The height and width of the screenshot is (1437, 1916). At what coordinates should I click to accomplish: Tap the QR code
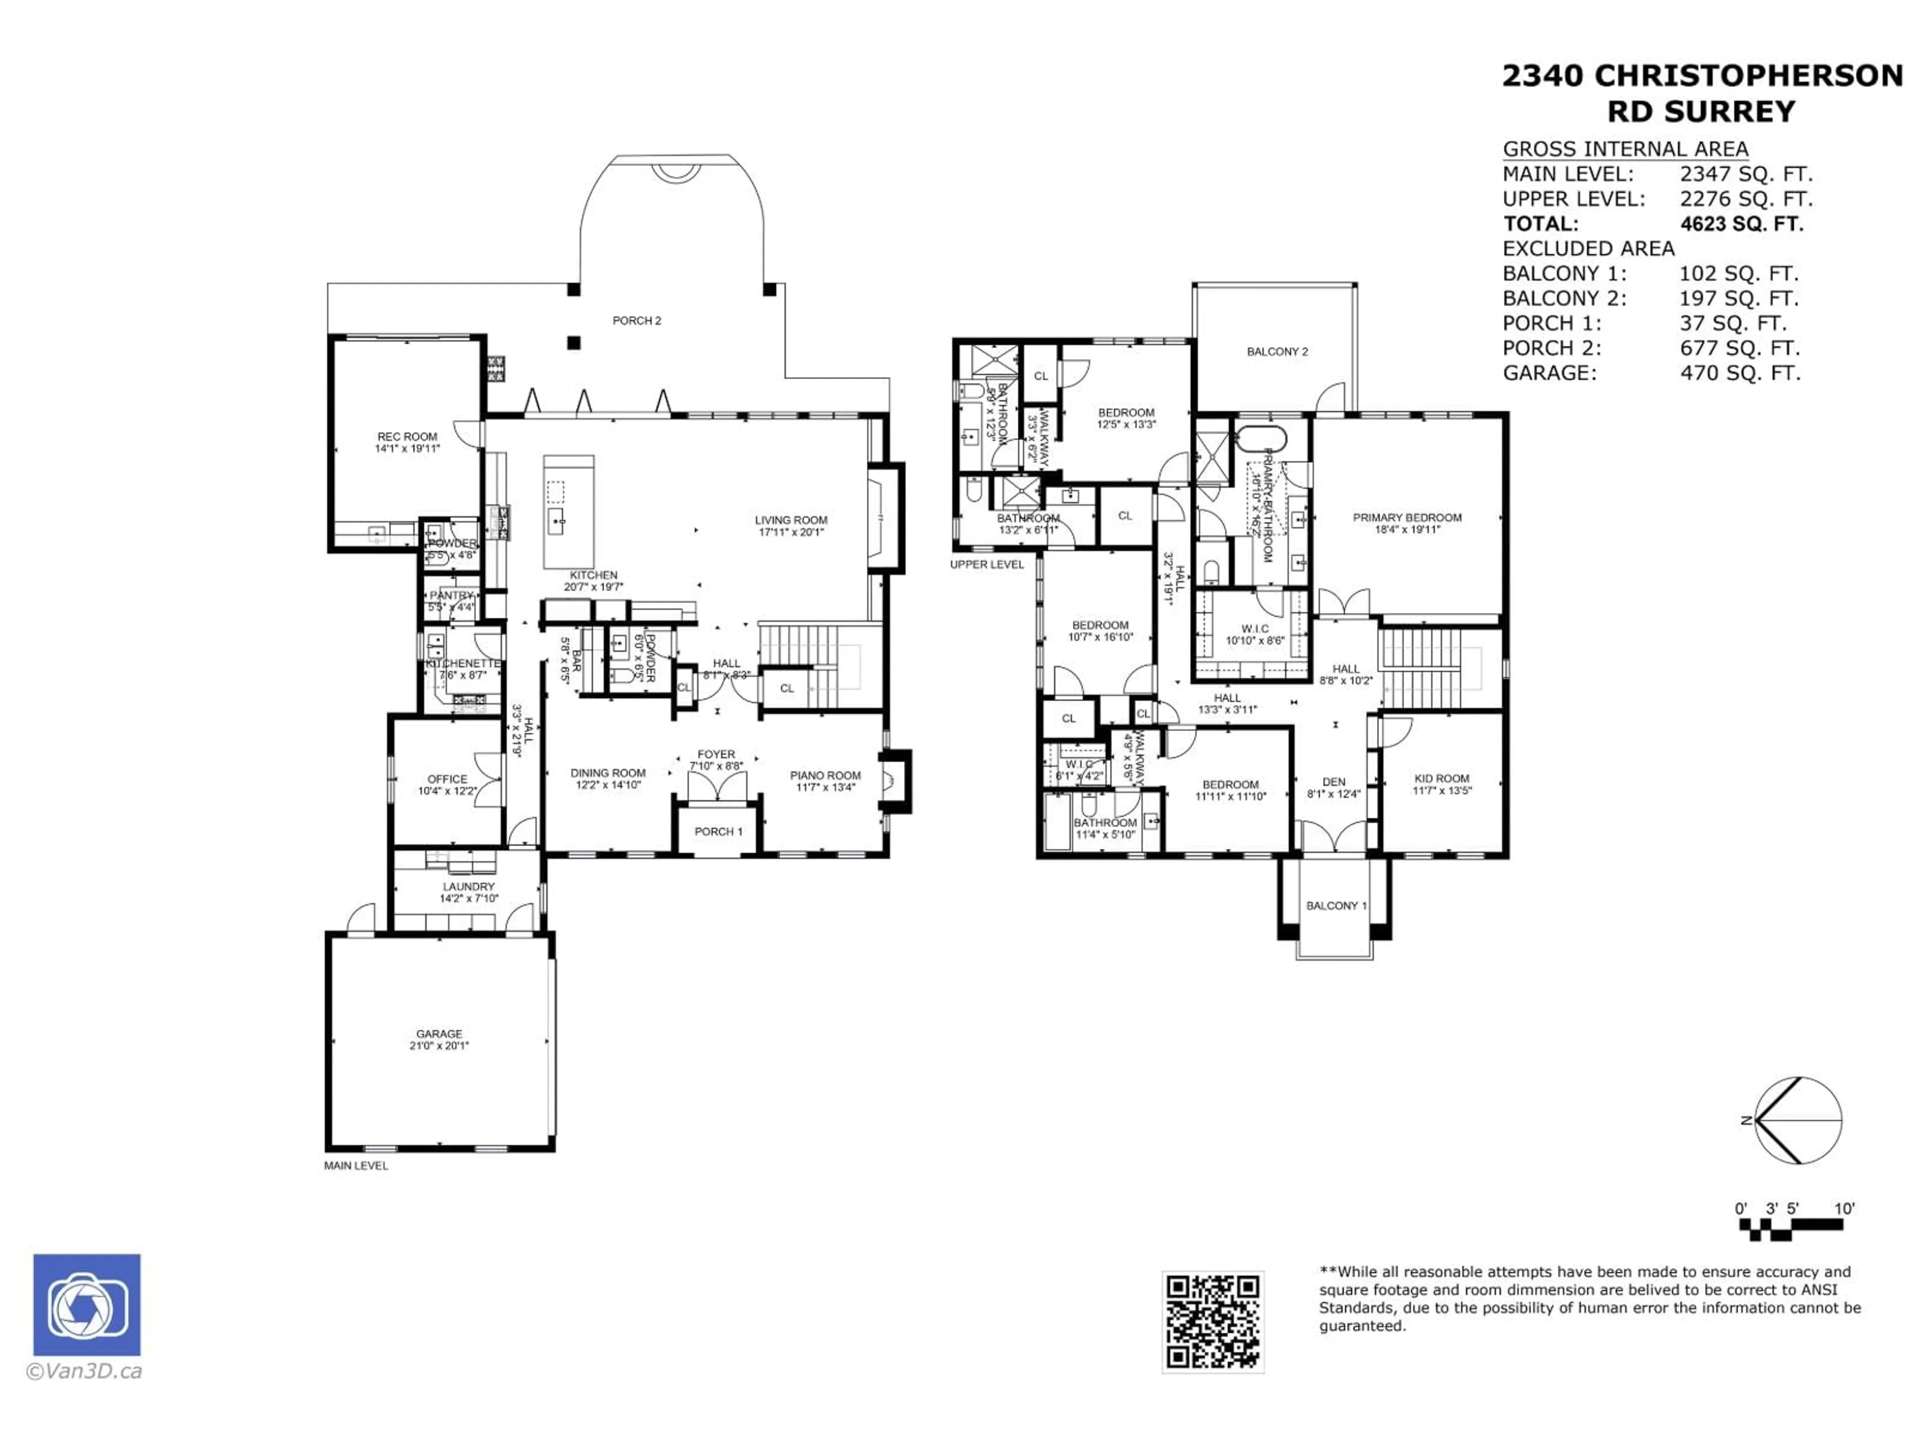click(x=1212, y=1322)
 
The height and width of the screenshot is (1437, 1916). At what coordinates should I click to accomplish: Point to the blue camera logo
click(x=87, y=1304)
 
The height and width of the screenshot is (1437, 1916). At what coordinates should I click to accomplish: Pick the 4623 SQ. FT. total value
click(x=1741, y=224)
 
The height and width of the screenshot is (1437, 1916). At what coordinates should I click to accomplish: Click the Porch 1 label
click(x=718, y=832)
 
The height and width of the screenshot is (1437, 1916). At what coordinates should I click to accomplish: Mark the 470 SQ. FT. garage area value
click(x=1739, y=373)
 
